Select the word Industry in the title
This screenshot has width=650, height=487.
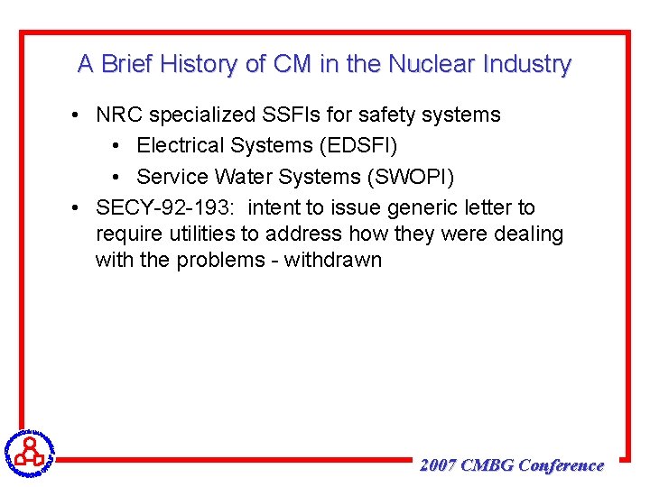(527, 65)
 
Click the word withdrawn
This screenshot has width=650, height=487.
(333, 261)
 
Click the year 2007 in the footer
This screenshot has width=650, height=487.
(438, 465)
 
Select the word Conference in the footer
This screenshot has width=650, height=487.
(562, 465)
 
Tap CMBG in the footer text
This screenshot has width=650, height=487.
(487, 465)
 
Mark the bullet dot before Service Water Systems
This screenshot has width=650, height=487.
(120, 177)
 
